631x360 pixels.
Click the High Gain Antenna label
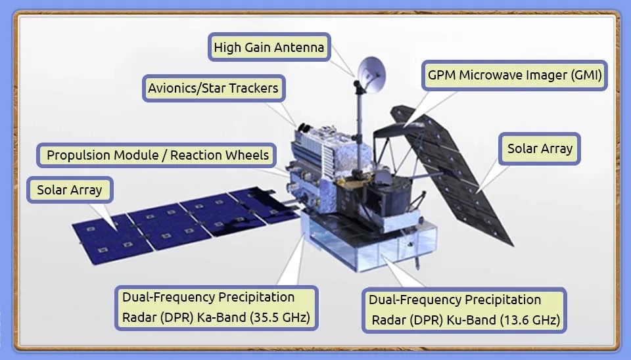[269, 47]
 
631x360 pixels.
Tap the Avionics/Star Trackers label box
[214, 88]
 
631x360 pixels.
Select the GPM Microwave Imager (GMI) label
[514, 75]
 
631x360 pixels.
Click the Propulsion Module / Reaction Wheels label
[156, 155]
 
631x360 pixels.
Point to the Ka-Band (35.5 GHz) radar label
[216, 307]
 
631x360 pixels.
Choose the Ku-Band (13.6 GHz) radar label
[465, 310]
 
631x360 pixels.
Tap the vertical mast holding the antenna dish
[360, 129]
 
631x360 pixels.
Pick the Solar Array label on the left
[70, 190]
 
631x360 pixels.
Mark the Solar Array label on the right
[540, 148]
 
